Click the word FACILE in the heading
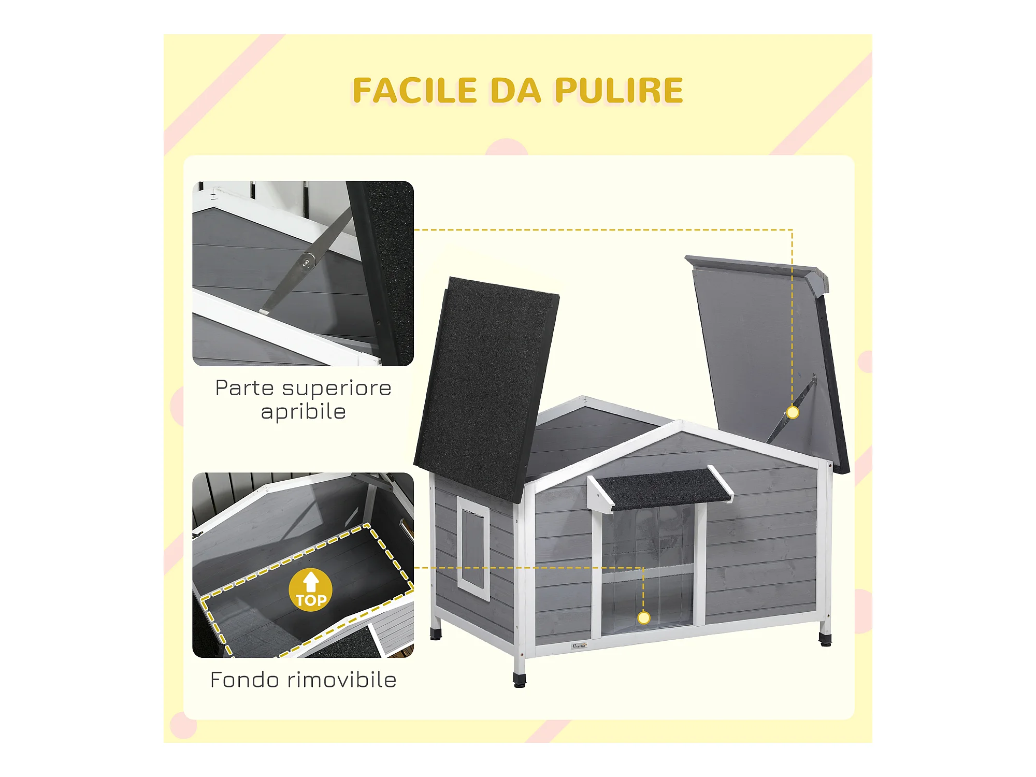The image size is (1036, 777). coord(414,91)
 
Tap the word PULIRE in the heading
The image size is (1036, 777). coord(619,91)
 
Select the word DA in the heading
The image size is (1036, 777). coord(515,91)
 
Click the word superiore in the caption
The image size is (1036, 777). coord(337,388)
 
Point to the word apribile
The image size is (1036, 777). coord(304,412)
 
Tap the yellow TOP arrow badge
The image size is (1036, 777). coord(311,590)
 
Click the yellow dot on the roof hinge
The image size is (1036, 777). coord(793,412)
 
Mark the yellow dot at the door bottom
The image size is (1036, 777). coord(644,617)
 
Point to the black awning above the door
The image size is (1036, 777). coord(660,490)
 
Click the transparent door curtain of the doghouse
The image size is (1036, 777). coord(647,567)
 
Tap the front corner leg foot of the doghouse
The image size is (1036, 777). coord(520,680)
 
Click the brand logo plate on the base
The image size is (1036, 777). coord(579,646)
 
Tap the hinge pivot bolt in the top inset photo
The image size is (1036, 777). coord(308,262)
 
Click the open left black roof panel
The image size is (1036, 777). coord(487,388)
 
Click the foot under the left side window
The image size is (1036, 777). coord(436,633)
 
